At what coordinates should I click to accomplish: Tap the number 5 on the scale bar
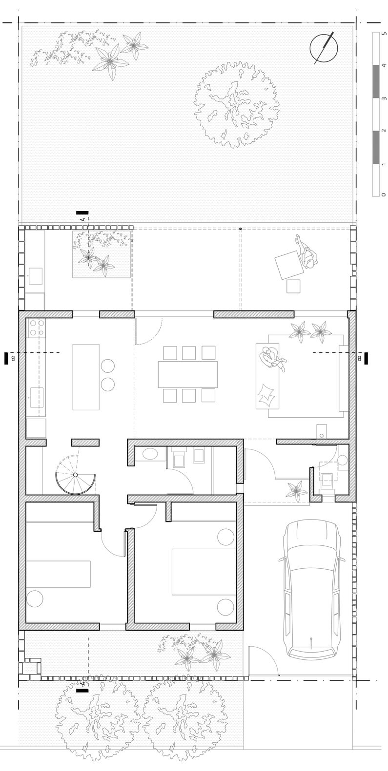(x=385, y=34)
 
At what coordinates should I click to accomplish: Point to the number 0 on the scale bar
(x=385, y=195)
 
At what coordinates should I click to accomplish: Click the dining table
(x=188, y=374)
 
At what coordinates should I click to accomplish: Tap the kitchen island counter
(x=86, y=377)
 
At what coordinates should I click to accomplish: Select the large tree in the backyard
(x=237, y=105)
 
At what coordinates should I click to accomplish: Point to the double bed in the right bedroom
(x=204, y=572)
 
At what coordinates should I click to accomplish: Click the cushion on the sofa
(x=266, y=394)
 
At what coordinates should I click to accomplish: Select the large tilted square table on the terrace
(x=289, y=266)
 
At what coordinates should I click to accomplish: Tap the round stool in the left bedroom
(x=35, y=598)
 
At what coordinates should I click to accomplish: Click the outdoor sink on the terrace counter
(x=35, y=276)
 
